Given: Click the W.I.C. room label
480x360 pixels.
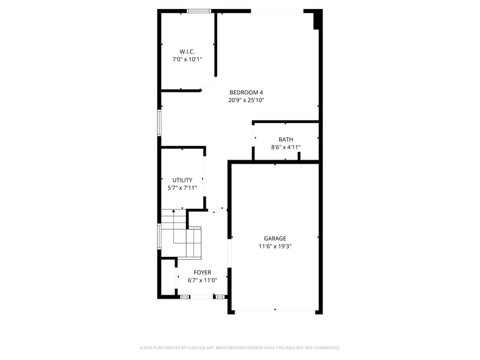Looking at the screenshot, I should click(187, 52).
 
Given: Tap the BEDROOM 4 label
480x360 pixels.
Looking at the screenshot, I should click(246, 92).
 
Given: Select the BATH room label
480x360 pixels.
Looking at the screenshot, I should click(286, 139).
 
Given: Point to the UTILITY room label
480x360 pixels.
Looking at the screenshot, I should click(182, 180).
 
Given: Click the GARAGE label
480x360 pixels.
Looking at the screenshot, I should click(275, 238).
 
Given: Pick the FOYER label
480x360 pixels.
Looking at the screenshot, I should click(202, 272).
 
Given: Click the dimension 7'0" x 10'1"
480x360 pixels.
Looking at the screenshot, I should click(187, 59).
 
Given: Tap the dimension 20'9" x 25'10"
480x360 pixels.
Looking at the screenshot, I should click(246, 100).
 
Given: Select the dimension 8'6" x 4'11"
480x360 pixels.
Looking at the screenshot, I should click(286, 147).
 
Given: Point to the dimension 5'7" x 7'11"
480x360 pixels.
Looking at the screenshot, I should click(182, 188).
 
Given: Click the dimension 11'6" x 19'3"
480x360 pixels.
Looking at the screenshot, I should click(275, 246).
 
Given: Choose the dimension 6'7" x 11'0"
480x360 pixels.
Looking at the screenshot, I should click(202, 280).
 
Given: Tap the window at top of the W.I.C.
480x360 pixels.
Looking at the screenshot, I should click(199, 11).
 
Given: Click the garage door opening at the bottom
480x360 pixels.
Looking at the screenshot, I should click(275, 310).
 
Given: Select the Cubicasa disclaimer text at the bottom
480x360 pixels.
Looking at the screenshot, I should click(240, 347).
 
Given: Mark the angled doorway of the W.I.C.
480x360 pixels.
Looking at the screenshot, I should click(208, 84).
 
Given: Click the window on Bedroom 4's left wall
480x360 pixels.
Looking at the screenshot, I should click(160, 122).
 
